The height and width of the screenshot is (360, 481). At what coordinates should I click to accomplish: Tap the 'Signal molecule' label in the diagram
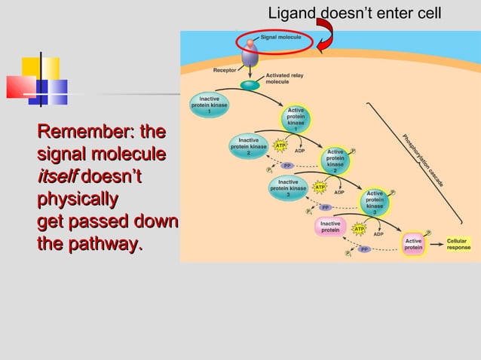[280, 36]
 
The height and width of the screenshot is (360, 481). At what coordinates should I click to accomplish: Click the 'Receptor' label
[225, 70]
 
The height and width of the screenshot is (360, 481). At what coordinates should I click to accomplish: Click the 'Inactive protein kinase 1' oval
[209, 105]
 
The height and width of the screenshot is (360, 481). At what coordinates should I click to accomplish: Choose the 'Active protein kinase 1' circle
[296, 120]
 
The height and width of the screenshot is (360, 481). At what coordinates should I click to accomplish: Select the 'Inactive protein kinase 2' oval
[249, 144]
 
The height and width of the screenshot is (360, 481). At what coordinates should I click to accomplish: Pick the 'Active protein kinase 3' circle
[375, 202]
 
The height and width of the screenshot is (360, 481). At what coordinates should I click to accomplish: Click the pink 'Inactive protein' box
[330, 227]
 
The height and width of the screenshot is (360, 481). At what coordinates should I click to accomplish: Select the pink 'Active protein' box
[413, 244]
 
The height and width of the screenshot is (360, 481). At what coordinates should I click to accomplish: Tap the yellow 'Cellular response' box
[458, 244]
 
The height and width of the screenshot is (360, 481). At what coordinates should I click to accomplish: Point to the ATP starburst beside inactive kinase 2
[280, 145]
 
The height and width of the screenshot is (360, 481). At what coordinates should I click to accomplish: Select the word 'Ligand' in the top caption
[292, 13]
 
